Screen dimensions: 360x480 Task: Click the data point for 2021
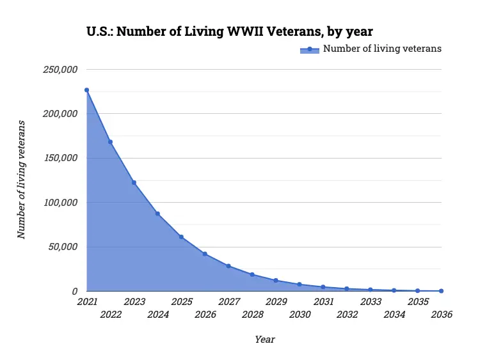[86, 90]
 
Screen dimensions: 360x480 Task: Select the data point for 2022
[110, 142]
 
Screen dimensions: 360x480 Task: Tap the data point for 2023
[134, 183]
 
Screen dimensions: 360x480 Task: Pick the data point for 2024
[157, 214]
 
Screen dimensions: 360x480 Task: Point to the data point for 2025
[181, 237]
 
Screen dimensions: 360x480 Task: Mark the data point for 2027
[228, 266]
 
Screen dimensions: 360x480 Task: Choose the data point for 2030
[300, 285]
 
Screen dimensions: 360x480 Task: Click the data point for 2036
[442, 291]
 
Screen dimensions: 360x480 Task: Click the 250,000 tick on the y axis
[60, 70]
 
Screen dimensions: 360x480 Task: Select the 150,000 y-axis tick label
[60, 158]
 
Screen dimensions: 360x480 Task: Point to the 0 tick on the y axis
[74, 292]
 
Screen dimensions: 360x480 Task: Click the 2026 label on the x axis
[205, 315]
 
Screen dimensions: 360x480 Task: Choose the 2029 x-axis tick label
[276, 301]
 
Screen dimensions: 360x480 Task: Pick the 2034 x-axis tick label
[394, 315]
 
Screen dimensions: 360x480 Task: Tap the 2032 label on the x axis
[347, 315]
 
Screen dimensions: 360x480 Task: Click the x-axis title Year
[264, 340]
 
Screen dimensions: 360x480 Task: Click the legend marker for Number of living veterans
[309, 49]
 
